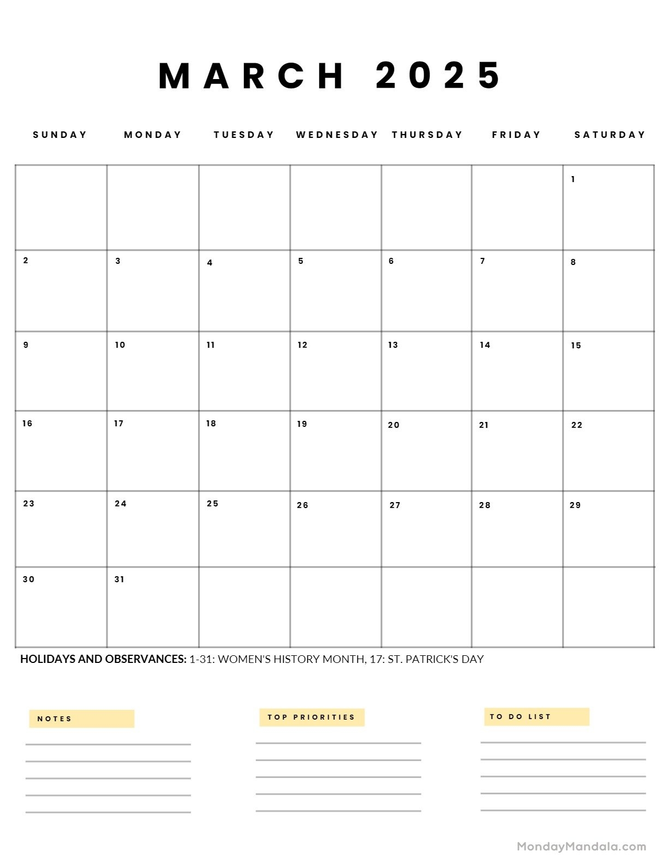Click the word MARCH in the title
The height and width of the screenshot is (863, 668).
click(x=251, y=75)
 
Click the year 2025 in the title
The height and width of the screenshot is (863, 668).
click(x=438, y=75)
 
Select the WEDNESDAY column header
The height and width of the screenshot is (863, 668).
click(x=337, y=135)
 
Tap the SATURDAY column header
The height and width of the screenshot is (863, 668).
click(x=610, y=135)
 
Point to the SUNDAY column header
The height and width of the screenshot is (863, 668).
click(x=60, y=135)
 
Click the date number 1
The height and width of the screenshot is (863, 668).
click(x=573, y=179)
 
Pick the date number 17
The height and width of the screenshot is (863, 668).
click(x=119, y=424)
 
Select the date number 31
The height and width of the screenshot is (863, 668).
click(x=120, y=580)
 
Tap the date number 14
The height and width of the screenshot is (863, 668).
click(x=485, y=345)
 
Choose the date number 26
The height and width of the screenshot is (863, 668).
click(x=303, y=505)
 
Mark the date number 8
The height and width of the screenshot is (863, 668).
click(x=573, y=262)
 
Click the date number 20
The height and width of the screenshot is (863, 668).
click(x=394, y=425)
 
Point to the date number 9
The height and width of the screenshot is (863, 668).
click(x=26, y=345)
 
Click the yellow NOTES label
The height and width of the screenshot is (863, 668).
click(x=82, y=719)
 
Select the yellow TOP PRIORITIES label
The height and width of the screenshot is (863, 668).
click(x=312, y=717)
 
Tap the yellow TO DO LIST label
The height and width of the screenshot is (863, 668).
click(x=536, y=717)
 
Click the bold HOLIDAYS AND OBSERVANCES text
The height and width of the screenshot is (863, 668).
click(x=103, y=659)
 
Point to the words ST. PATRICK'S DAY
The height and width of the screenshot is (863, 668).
click(x=436, y=659)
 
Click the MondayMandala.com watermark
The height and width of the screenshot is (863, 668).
click(x=581, y=847)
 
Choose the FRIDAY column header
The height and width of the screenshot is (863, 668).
click(x=516, y=135)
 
